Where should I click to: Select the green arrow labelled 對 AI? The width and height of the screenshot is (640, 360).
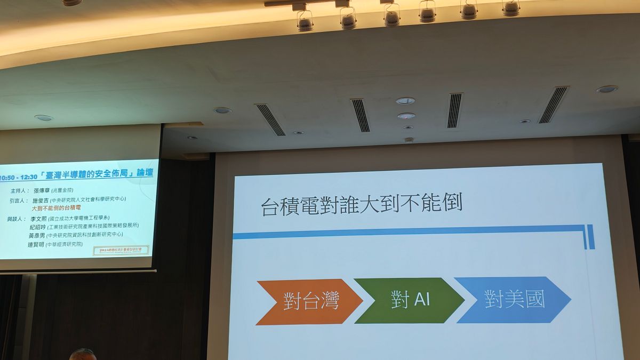408,300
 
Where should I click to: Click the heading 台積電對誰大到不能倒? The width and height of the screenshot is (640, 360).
362,205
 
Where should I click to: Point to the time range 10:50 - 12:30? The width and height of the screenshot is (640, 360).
19,177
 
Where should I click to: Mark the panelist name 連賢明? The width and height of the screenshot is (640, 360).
36,244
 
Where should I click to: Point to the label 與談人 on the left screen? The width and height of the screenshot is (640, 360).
14,219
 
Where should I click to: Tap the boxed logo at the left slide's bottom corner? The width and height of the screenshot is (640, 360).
121,250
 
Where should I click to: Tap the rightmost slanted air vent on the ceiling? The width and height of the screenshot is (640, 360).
553,105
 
